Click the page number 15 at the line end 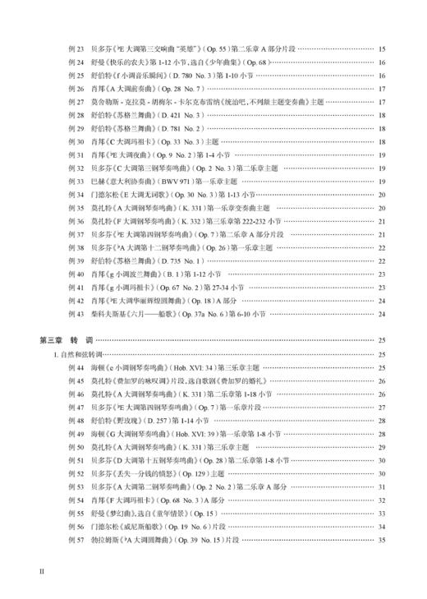click(x=382, y=49)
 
